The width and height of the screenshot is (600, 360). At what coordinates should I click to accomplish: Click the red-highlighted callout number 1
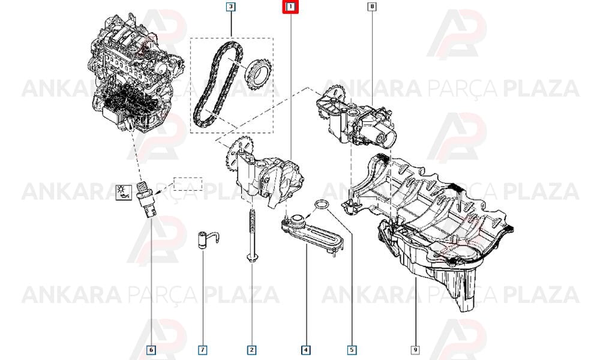point(290,7)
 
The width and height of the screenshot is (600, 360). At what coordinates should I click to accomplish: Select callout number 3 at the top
point(230,7)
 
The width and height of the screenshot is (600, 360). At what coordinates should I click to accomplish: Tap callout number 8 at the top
point(372,7)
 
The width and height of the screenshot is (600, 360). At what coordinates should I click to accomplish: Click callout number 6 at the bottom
point(151,350)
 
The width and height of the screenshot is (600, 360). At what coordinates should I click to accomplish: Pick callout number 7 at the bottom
point(202,350)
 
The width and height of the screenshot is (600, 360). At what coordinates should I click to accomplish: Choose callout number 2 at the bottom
point(251,350)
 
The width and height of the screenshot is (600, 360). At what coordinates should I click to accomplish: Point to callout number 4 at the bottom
point(305,350)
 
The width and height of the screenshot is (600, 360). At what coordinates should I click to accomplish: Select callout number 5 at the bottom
point(352,350)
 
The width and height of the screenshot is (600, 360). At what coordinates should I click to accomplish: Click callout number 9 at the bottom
point(415,350)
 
